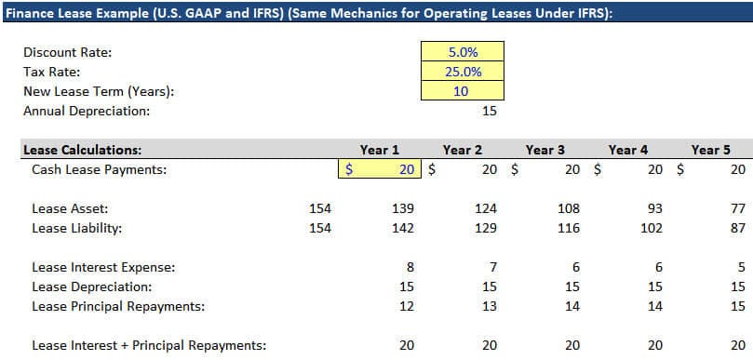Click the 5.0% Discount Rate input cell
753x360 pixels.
click(463, 52)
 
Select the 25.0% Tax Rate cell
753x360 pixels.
click(463, 72)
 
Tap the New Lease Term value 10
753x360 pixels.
click(463, 91)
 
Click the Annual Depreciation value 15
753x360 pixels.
click(490, 111)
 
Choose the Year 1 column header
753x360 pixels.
click(380, 150)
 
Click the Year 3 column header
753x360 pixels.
click(545, 150)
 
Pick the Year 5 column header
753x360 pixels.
click(711, 150)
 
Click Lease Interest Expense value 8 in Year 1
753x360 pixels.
click(410, 267)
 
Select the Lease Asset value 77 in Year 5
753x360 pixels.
click(737, 208)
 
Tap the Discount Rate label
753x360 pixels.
click(67, 52)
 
